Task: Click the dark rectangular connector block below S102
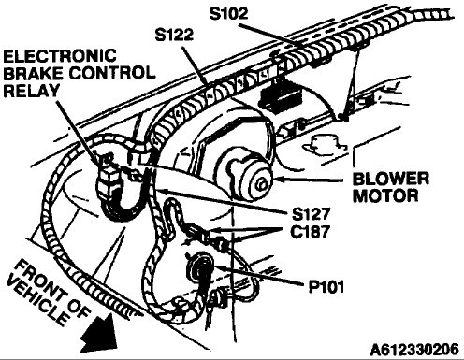[279, 97]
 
